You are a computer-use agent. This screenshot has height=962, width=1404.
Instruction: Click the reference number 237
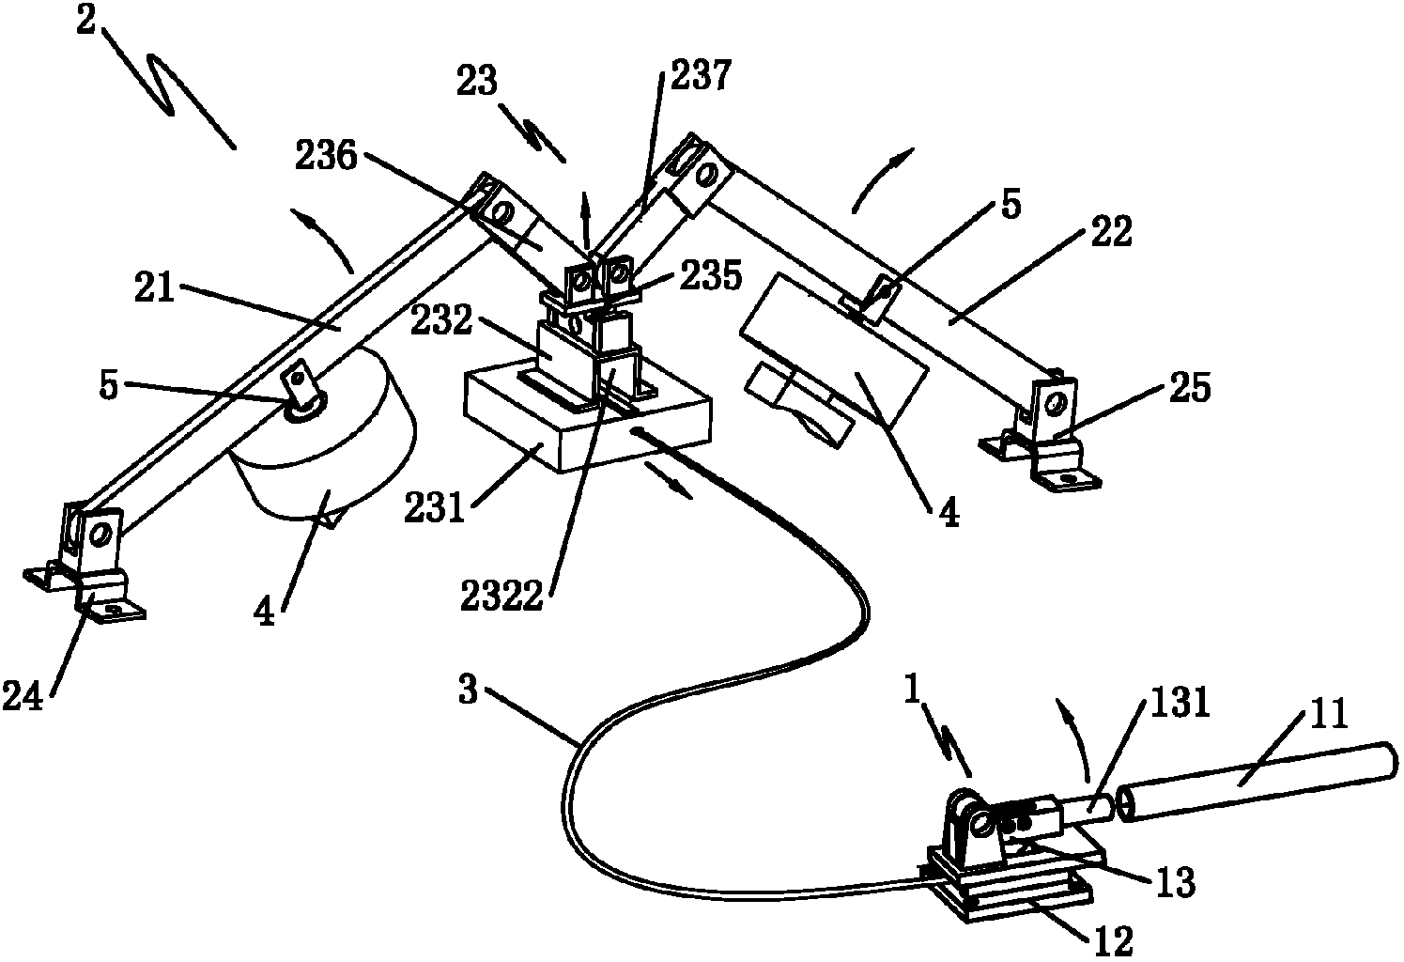click(x=701, y=76)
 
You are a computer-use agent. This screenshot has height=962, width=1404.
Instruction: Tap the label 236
click(x=326, y=156)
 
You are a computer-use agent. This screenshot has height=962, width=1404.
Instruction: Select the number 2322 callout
click(x=501, y=596)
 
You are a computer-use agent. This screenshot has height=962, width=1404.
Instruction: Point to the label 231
click(x=435, y=507)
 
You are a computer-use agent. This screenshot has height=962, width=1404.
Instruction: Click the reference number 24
click(x=23, y=697)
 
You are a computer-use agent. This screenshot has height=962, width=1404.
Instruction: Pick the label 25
click(x=1190, y=387)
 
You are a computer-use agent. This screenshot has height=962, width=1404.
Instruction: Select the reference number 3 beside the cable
click(x=469, y=690)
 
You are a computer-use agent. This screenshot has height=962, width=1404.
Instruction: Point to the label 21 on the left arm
click(x=154, y=287)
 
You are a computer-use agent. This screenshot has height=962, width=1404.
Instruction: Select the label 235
click(x=710, y=276)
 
